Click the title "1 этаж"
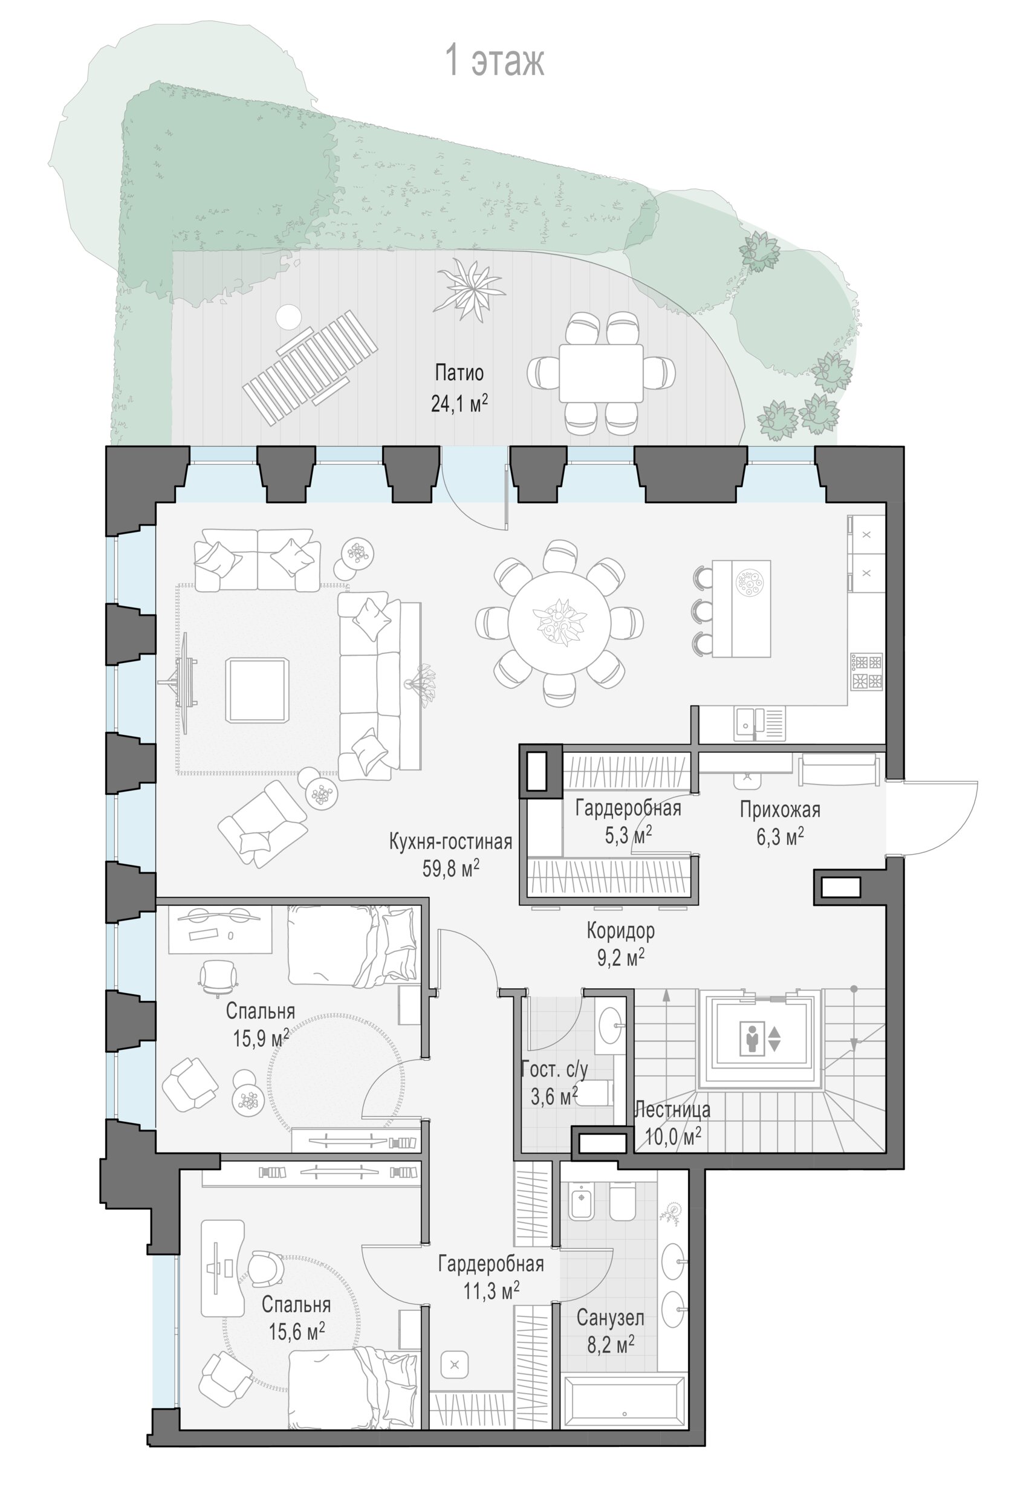pyautogui.click(x=495, y=60)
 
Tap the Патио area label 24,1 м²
pyautogui.click(x=459, y=403)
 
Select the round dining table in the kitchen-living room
pyautogui.click(x=559, y=623)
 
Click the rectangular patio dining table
pyautogui.click(x=600, y=373)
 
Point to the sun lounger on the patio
pyautogui.click(x=310, y=367)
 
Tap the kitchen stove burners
pyautogui.click(x=867, y=671)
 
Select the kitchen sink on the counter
pyautogui.click(x=759, y=724)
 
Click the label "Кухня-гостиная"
pyautogui.click(x=450, y=842)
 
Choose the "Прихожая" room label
pyautogui.click(x=780, y=809)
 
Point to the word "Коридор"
pyautogui.click(x=620, y=930)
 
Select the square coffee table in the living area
pyautogui.click(x=257, y=690)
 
